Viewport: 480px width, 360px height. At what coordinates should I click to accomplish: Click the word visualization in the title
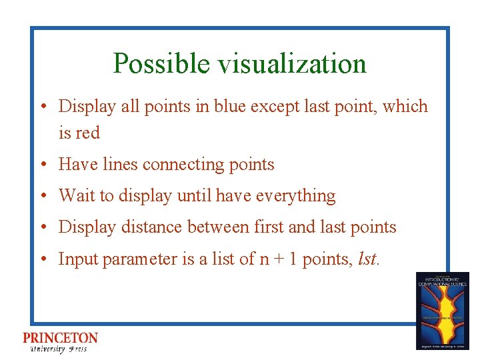(289, 64)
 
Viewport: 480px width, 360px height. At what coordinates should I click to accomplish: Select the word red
(87, 133)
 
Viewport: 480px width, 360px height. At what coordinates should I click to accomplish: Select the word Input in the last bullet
(75, 259)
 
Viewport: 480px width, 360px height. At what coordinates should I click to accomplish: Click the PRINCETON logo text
(60, 339)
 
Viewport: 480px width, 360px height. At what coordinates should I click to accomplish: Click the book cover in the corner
(442, 311)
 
